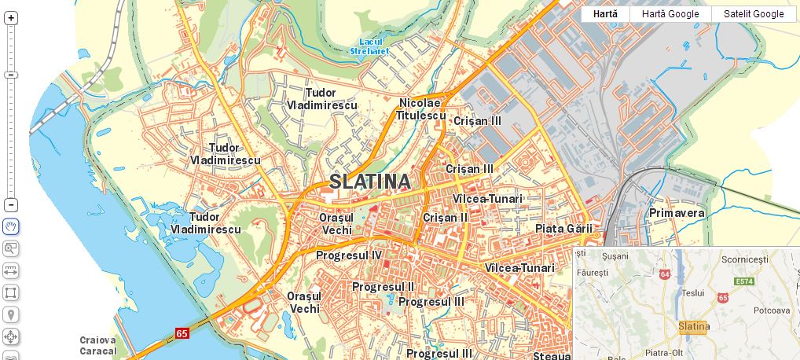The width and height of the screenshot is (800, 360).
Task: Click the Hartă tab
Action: [605, 14]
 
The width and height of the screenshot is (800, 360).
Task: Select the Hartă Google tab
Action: [670, 14]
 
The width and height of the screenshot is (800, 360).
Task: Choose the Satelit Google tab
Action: [754, 14]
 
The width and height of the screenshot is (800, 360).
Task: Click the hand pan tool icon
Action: [11, 227]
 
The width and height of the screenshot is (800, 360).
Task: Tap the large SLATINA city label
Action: [369, 182]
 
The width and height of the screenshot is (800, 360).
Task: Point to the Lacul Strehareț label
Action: [374, 46]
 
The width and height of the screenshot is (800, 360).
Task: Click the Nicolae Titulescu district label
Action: [420, 109]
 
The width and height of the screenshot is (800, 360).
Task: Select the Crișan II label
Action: [445, 217]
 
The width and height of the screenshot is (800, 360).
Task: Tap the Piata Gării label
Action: [563, 229]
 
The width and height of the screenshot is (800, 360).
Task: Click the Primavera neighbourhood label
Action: [677, 213]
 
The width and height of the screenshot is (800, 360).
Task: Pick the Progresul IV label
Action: [348, 255]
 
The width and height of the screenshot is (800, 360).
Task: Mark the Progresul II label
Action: [383, 287]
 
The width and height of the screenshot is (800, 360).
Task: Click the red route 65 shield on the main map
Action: [182, 333]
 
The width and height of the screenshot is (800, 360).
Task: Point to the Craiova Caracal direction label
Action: [98, 346]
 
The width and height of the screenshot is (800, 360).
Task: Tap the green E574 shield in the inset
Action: [743, 281]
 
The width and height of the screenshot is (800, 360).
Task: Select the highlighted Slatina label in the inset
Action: [692, 326]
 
